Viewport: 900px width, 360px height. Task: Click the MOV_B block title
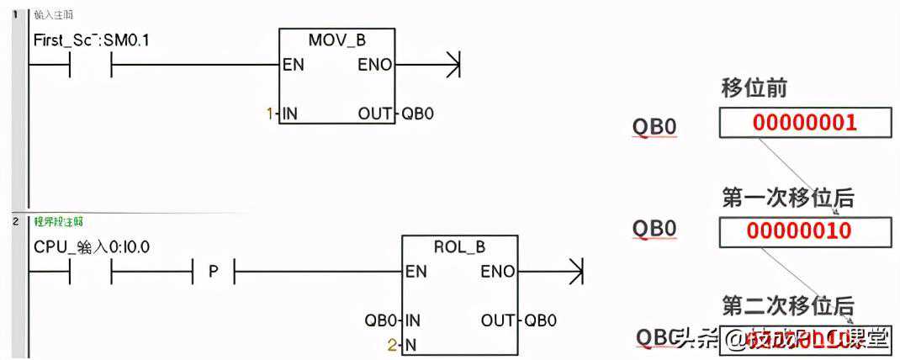(x=337, y=40)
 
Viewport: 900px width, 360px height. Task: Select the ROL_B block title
(x=459, y=247)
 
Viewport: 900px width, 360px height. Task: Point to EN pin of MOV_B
(x=294, y=65)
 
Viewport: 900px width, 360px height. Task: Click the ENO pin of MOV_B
(x=374, y=65)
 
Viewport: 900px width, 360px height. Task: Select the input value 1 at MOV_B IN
(x=270, y=113)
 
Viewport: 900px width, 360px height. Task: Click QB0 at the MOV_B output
(x=417, y=113)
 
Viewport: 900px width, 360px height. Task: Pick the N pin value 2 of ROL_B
(x=391, y=344)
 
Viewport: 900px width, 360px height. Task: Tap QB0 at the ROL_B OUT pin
(x=540, y=320)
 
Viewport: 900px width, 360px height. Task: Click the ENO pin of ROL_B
(x=498, y=272)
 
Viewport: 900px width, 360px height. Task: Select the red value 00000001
(x=804, y=123)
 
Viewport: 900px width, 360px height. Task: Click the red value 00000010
(x=804, y=230)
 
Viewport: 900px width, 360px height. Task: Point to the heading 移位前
(x=754, y=87)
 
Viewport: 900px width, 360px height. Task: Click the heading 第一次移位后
(x=787, y=198)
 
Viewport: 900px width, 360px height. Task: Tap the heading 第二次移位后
(x=787, y=304)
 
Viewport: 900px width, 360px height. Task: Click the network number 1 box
(x=15, y=14)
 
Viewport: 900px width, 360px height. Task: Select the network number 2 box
(x=15, y=221)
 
